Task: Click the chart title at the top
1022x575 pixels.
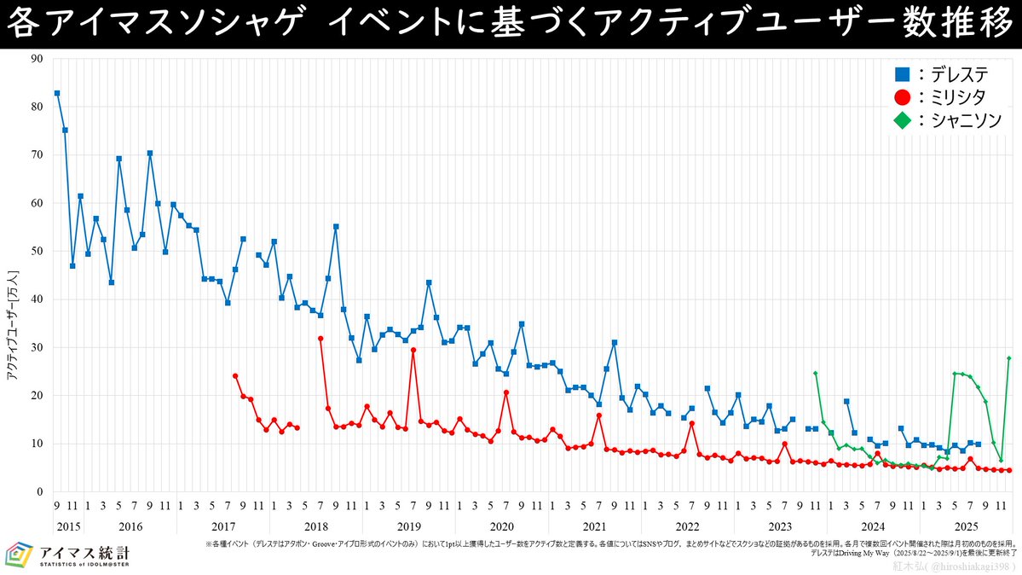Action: point(511,24)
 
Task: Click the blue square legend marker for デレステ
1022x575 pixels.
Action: point(902,75)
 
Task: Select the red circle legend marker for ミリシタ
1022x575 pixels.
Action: point(902,98)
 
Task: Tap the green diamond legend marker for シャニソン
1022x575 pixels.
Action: point(902,121)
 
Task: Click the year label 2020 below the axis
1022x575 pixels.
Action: point(501,526)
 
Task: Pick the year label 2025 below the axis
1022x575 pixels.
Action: point(966,526)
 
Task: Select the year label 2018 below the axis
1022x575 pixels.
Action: point(315,526)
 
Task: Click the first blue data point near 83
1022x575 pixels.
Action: point(57,93)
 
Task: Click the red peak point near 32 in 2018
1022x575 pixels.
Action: point(320,339)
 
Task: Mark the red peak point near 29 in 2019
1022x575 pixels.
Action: point(413,350)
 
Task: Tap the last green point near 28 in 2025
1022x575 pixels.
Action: point(1009,358)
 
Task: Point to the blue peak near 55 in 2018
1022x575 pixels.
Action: point(336,226)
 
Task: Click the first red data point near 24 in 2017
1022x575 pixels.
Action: point(235,376)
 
